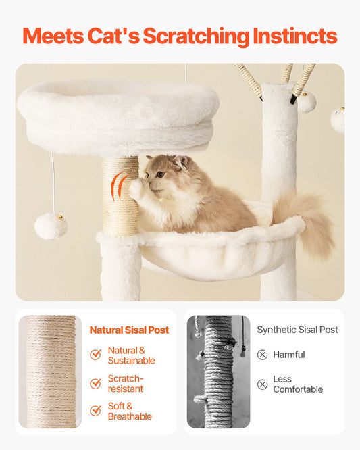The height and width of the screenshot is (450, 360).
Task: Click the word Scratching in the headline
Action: tap(196, 36)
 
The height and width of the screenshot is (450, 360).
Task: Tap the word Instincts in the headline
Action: tap(295, 36)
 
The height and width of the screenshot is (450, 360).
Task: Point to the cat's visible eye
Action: tap(160, 174)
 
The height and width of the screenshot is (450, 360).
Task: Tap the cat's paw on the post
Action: tap(136, 189)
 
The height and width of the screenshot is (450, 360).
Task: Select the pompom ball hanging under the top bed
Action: tap(51, 226)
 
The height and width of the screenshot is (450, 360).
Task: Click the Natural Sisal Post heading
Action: tap(130, 330)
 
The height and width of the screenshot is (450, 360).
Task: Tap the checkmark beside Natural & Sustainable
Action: tap(95, 355)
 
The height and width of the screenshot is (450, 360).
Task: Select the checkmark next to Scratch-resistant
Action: tap(95, 383)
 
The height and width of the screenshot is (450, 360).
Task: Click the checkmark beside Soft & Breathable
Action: tap(95, 410)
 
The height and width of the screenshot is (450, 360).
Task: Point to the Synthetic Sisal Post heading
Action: tap(297, 330)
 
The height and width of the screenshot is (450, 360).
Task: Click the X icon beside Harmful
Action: tap(262, 355)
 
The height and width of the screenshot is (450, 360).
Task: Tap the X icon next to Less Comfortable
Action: tap(262, 384)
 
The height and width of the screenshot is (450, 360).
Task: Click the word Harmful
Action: tap(289, 355)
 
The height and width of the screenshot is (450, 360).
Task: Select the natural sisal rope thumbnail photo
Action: tap(50, 372)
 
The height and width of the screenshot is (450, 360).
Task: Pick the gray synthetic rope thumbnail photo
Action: tap(218, 372)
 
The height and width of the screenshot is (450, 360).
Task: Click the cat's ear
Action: tap(181, 162)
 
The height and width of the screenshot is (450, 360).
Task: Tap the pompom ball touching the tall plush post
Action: tap(307, 102)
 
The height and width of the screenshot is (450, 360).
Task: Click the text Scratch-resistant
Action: tap(126, 384)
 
